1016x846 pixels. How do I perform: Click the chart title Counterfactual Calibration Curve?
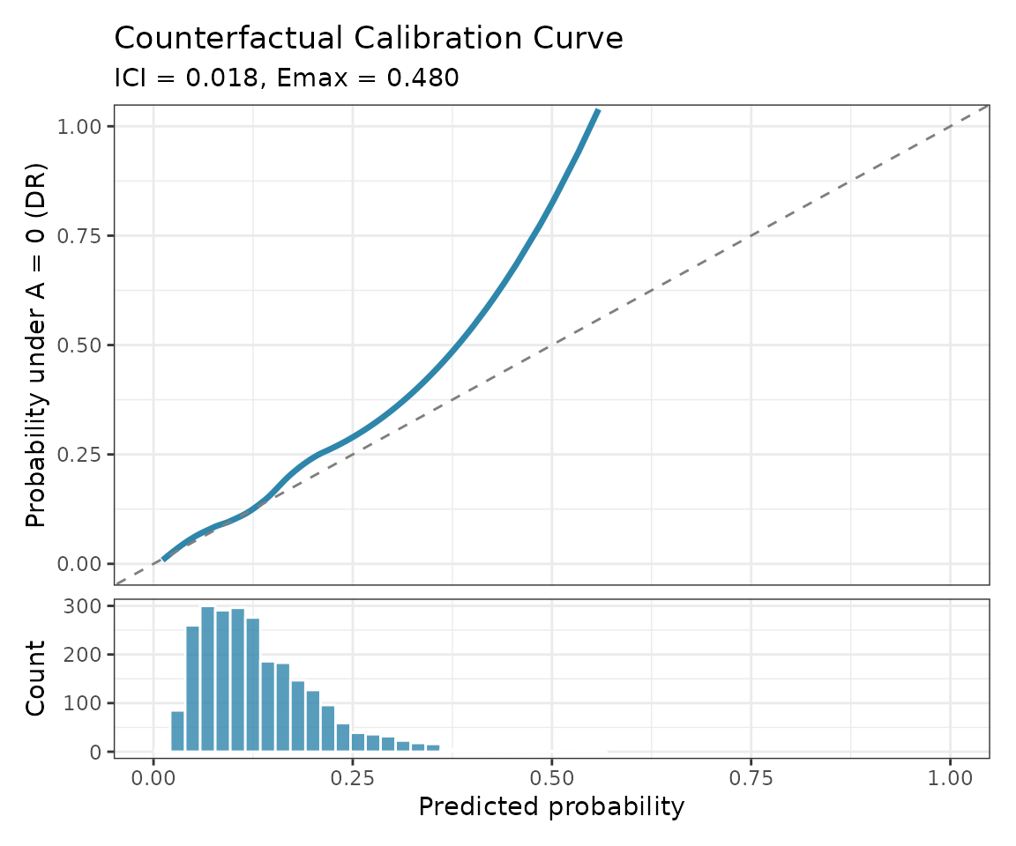369,39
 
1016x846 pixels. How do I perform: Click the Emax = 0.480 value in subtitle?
367,78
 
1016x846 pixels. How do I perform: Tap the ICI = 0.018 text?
187,78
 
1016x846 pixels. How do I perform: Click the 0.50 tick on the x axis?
551,779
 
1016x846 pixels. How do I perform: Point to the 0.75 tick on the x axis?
751,779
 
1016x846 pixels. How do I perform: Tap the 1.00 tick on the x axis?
950,779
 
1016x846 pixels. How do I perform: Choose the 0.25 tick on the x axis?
352,779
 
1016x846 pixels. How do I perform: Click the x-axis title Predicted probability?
551,806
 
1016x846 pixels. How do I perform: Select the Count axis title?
36,679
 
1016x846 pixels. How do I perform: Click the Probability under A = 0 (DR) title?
36,345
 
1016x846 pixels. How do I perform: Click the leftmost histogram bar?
177,731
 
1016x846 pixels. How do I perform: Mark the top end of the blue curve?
598,110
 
